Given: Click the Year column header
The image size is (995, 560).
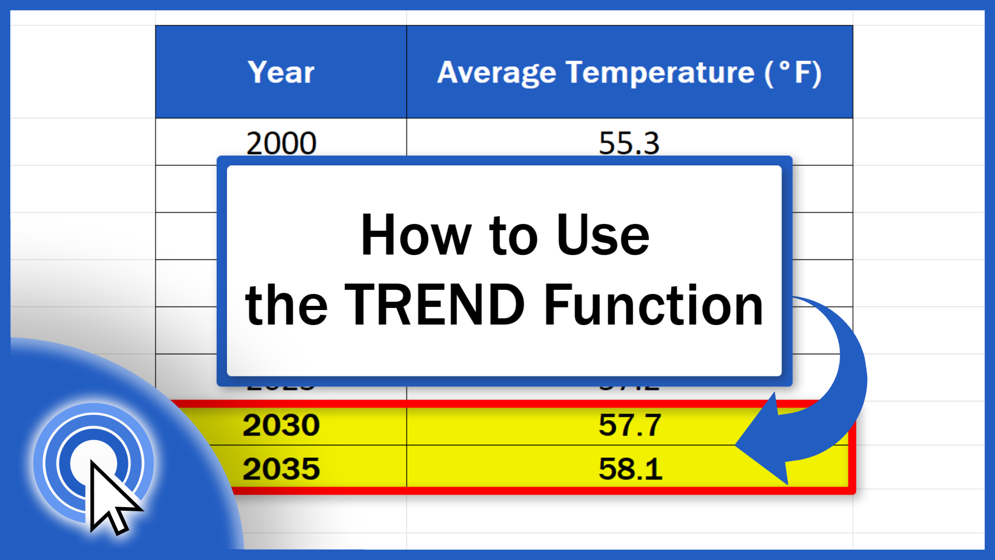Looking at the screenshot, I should [281, 72].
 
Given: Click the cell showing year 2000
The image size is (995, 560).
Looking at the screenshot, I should [281, 143].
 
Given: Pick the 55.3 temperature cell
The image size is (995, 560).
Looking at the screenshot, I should [629, 143].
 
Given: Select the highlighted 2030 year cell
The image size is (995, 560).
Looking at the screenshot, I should [281, 425].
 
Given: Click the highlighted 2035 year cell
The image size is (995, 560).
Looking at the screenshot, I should [281, 469].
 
